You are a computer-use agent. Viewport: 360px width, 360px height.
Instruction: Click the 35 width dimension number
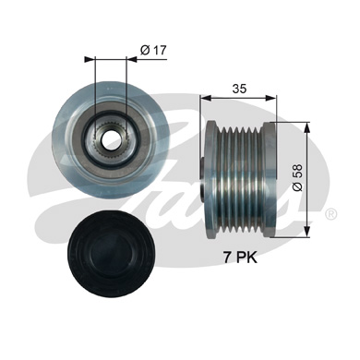tap(239, 90)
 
